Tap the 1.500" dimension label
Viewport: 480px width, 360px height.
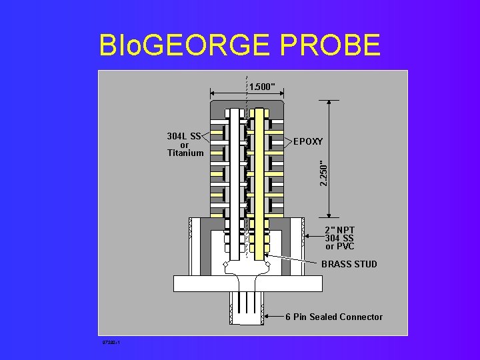[262, 87]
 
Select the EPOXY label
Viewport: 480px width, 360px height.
[308, 142]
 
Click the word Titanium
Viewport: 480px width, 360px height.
[185, 153]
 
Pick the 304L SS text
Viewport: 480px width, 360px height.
[184, 137]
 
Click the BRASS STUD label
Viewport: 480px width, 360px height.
[349, 265]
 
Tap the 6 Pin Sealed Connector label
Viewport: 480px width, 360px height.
[334, 317]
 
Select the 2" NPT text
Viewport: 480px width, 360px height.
[339, 231]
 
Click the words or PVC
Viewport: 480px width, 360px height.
[339, 247]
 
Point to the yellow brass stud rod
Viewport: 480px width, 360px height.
[259, 180]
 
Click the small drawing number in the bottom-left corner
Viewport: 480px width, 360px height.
[110, 343]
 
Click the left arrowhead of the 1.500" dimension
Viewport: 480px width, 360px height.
[213, 93]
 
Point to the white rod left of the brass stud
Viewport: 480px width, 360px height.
[235, 180]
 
